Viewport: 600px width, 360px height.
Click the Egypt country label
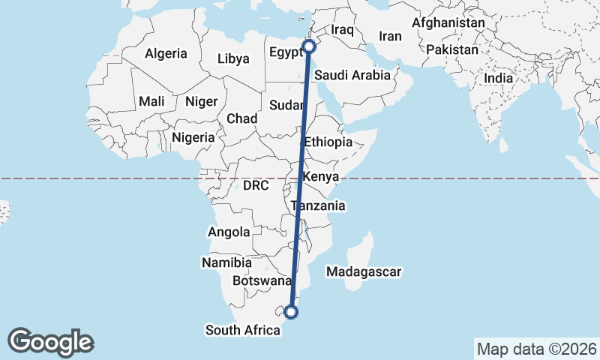[x=284, y=53]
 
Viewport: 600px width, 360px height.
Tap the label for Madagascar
[x=364, y=272]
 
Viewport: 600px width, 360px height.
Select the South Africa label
[x=243, y=329]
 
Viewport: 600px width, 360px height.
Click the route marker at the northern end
[x=309, y=46]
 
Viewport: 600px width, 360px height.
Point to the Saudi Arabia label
[x=352, y=75]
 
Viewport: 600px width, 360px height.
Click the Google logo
[x=50, y=342]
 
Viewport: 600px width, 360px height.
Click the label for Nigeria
[x=193, y=137]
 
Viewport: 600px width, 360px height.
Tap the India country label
[x=499, y=77]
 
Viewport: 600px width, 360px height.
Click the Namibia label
[x=226, y=262]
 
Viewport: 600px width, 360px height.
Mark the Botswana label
[x=262, y=281]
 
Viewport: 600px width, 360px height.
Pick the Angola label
[x=229, y=232]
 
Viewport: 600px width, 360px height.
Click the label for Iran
[x=391, y=36]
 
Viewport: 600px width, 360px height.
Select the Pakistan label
[x=452, y=50]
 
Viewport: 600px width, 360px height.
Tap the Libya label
[x=233, y=58]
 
